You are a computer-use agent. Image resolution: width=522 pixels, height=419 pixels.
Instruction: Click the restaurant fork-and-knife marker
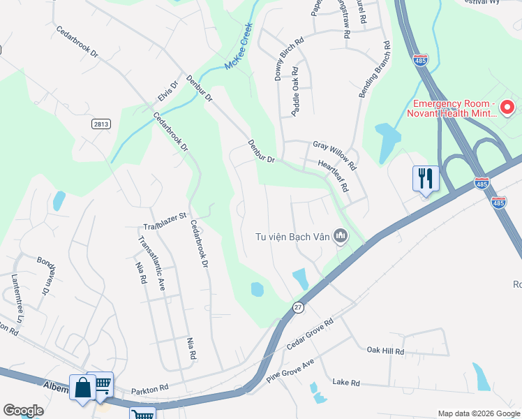pyautogui.click(x=425, y=178)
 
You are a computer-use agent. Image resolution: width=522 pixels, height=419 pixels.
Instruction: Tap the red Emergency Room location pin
pyautogui.click(x=507, y=108)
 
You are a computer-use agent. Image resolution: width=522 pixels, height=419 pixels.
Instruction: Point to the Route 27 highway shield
pyautogui.click(x=297, y=308)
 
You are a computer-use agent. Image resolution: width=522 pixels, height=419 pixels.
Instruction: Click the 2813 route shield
pyautogui.click(x=100, y=124)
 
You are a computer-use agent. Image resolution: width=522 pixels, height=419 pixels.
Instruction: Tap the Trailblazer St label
pyautogui.click(x=165, y=220)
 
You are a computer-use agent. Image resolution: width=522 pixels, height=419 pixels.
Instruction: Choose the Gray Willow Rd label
pyautogui.click(x=334, y=155)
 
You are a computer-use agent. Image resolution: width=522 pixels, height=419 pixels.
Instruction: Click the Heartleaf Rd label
pyautogui.click(x=334, y=177)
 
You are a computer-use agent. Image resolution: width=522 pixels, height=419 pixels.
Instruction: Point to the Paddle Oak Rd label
pyautogui.click(x=295, y=91)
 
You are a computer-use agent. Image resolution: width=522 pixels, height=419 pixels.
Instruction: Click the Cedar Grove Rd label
pyautogui.click(x=311, y=336)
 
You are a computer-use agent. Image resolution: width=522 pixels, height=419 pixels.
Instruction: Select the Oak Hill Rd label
pyautogui.click(x=385, y=351)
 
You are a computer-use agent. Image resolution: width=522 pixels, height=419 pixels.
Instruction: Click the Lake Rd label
pyautogui.click(x=345, y=383)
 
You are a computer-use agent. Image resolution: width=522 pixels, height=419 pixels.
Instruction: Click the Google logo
pyautogui.click(x=24, y=411)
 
